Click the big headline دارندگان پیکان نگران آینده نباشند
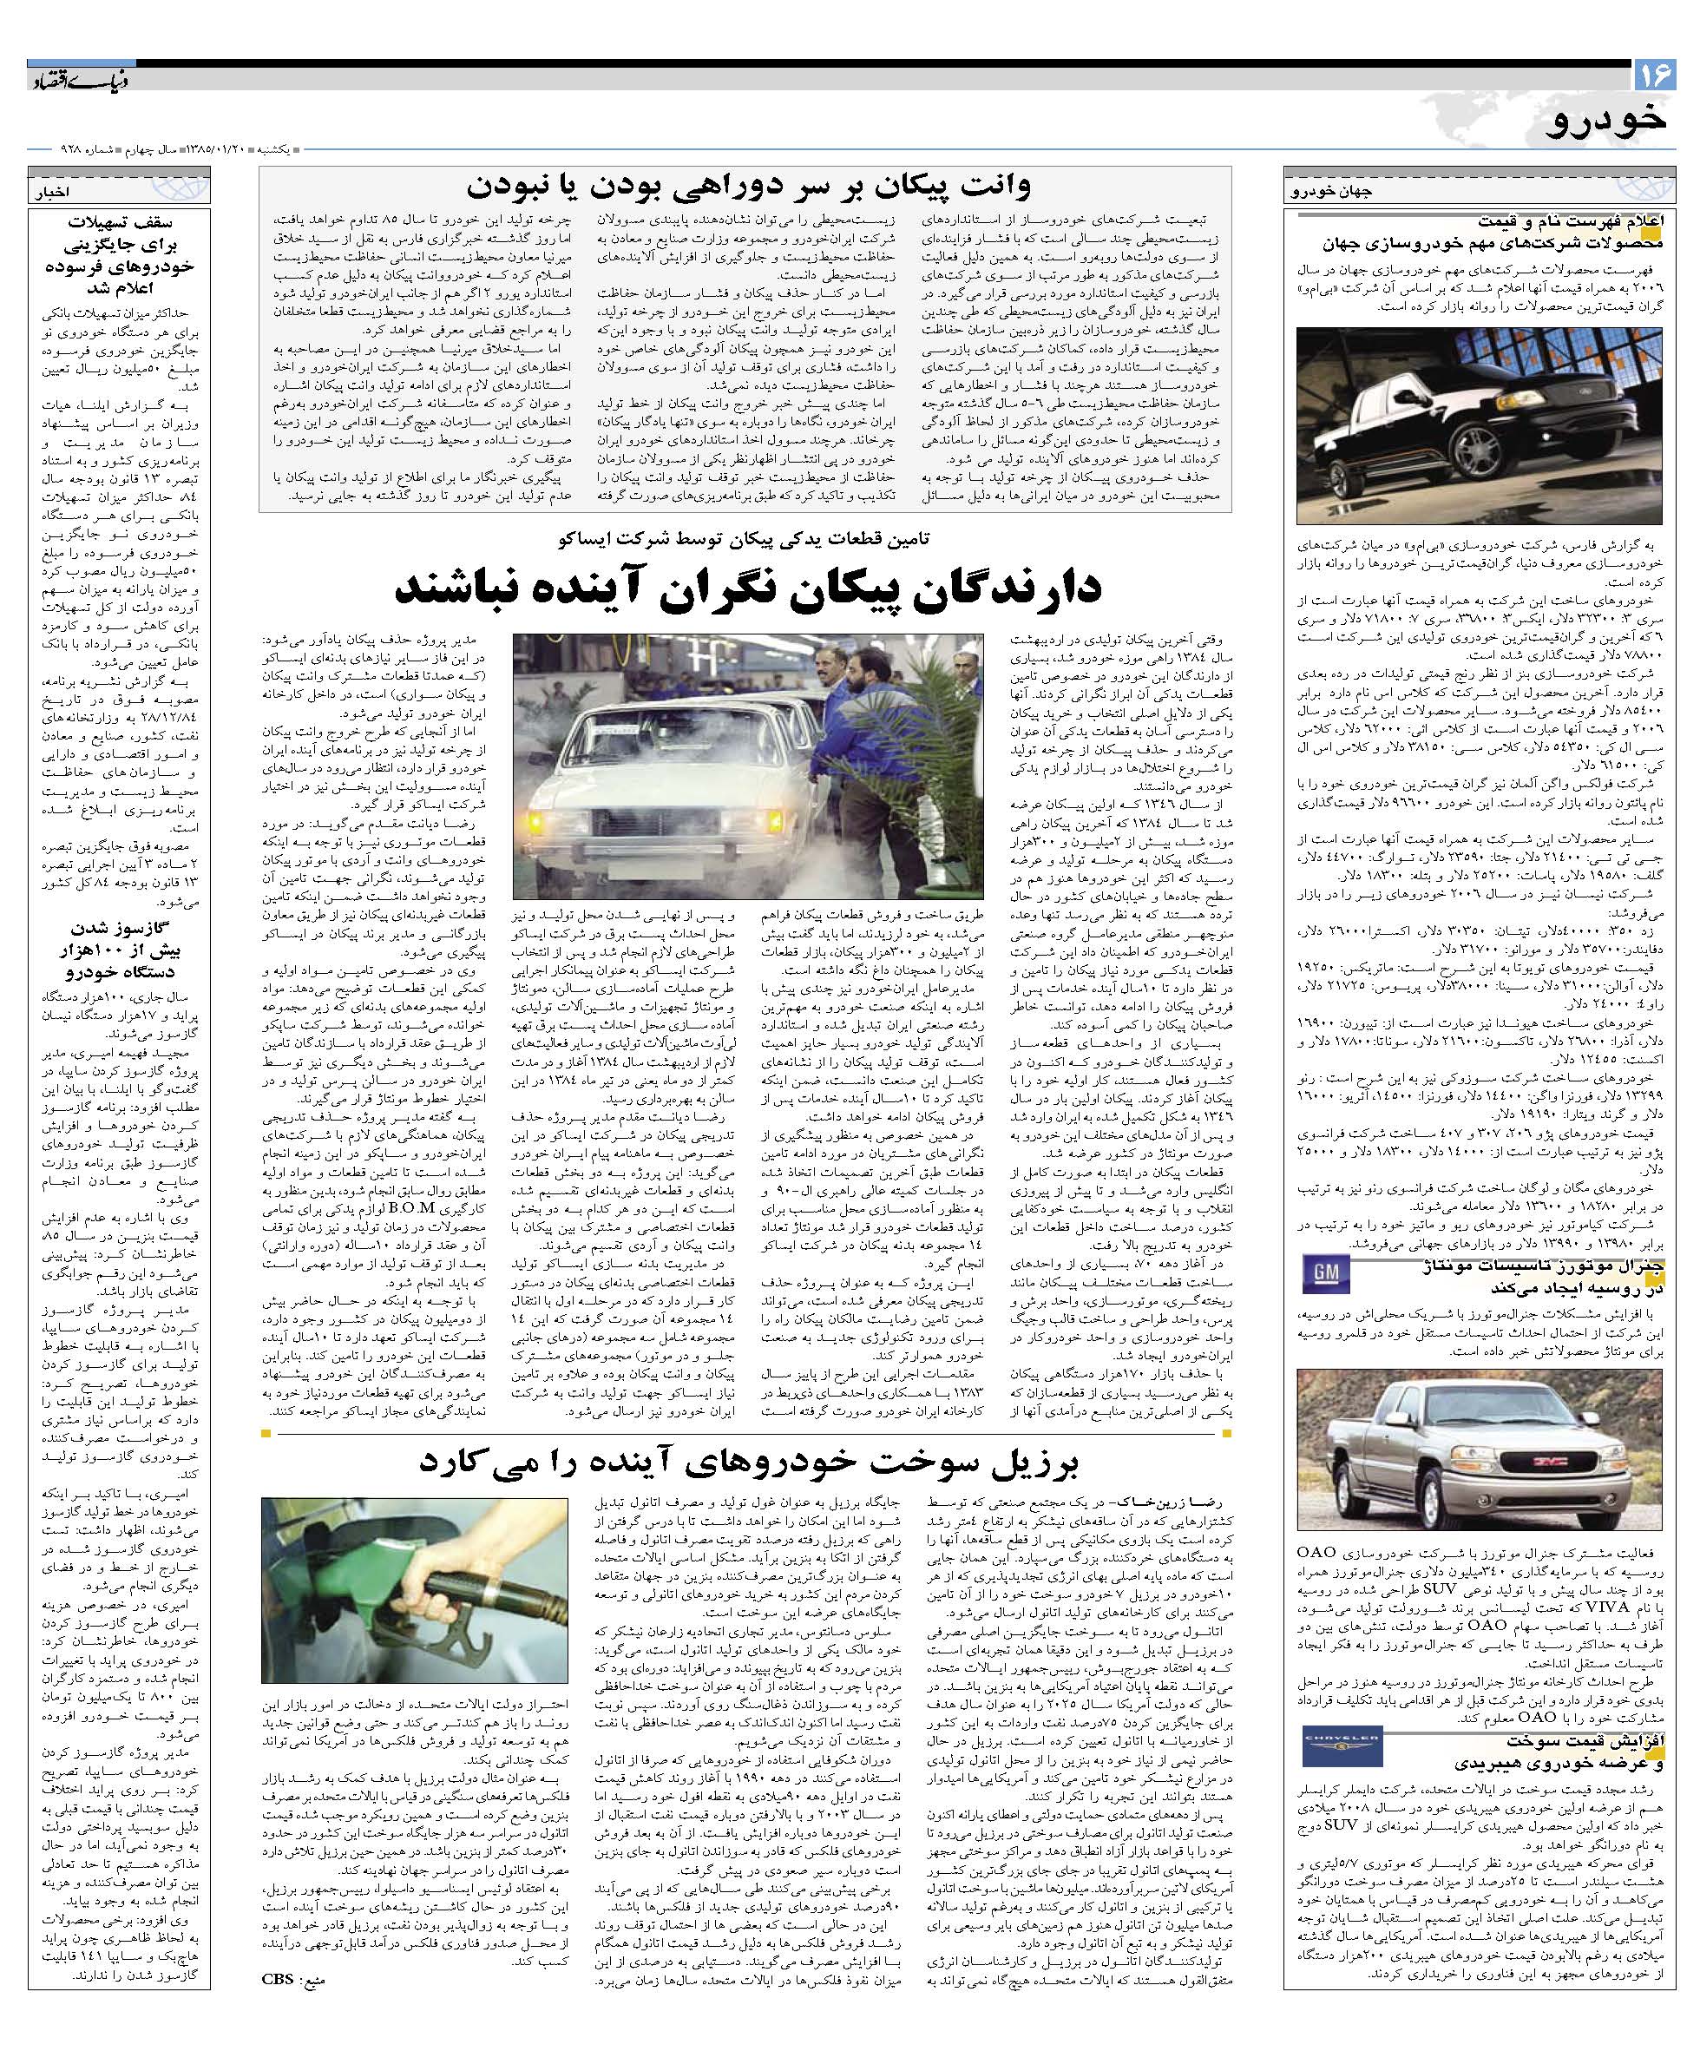(x=748, y=586)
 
